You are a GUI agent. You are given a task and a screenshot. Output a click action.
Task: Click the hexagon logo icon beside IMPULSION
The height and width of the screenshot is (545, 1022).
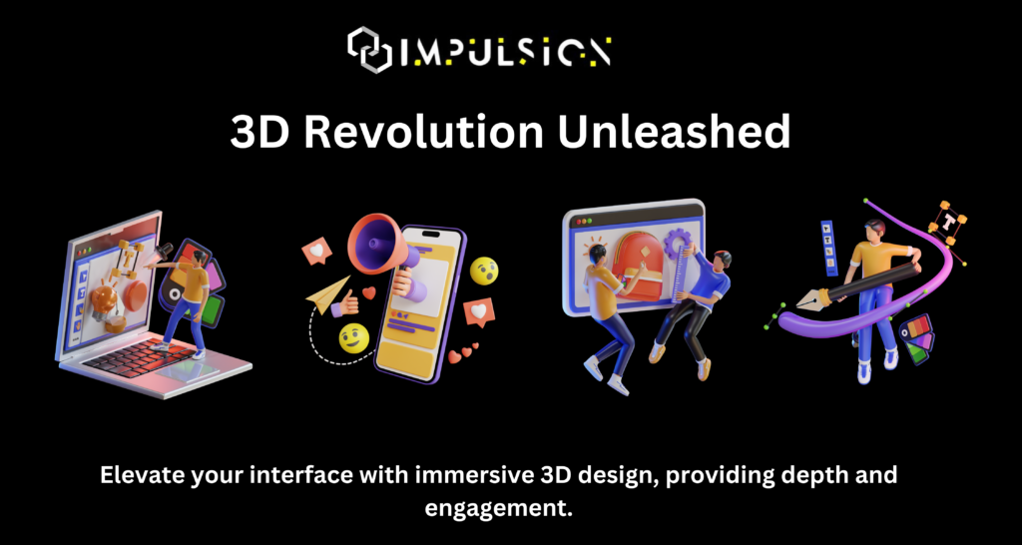click(x=369, y=50)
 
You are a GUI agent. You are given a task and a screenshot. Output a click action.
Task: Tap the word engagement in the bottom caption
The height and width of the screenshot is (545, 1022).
click(x=498, y=508)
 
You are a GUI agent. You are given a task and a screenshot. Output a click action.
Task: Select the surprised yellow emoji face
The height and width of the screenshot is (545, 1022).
click(x=484, y=270)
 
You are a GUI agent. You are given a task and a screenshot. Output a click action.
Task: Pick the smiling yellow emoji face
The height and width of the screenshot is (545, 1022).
click(x=354, y=337)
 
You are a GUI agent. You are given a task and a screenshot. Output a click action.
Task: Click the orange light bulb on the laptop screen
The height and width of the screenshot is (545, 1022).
click(x=103, y=298)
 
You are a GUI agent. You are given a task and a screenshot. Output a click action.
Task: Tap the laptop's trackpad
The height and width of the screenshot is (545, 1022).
click(x=190, y=370)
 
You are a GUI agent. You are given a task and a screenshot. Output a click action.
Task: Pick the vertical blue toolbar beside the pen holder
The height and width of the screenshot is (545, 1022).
click(x=829, y=249)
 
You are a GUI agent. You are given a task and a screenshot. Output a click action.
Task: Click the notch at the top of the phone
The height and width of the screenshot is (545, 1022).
click(x=431, y=233)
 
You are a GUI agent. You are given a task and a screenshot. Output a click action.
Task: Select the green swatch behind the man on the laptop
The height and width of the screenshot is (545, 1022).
click(x=211, y=311)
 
